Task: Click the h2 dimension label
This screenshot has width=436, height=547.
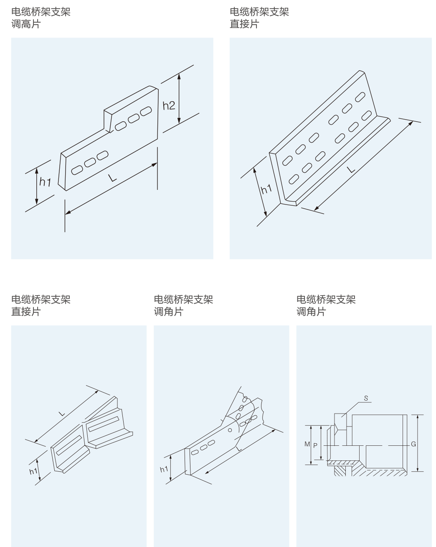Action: [x=169, y=106]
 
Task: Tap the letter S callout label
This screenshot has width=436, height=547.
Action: [x=366, y=398]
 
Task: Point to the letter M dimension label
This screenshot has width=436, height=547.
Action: [x=307, y=444]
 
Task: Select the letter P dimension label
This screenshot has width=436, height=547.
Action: [x=315, y=445]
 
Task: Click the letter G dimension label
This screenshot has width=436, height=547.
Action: [x=413, y=444]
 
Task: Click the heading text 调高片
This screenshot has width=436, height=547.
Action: [x=26, y=24]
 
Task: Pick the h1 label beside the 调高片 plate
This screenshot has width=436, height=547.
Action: [x=45, y=182]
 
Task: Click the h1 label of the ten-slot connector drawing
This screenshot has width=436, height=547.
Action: [x=266, y=189]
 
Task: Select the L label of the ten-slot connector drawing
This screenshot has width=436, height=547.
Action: [x=351, y=169]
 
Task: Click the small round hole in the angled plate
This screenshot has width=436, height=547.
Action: [x=230, y=430]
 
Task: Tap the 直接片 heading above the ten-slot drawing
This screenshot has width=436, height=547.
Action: [x=244, y=24]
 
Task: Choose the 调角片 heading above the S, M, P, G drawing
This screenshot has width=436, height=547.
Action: [x=311, y=312]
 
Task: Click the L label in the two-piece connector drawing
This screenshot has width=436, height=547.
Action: [x=62, y=414]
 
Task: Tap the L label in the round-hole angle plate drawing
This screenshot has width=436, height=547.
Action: [x=238, y=449]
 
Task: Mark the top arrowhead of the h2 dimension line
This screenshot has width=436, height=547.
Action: [x=179, y=76]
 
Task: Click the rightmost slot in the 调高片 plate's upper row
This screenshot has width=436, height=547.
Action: [x=146, y=111]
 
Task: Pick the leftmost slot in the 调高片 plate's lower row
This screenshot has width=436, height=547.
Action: [x=77, y=170]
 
